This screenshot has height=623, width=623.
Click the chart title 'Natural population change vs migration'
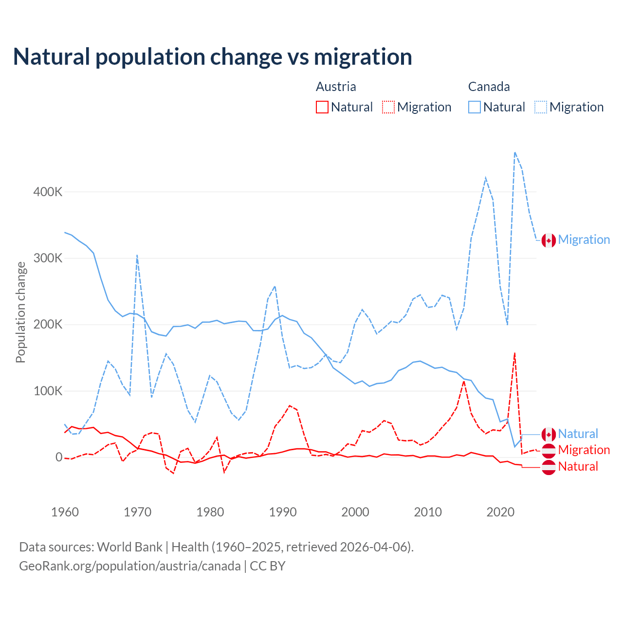click(x=212, y=57)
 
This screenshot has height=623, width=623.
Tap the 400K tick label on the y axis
click(x=48, y=192)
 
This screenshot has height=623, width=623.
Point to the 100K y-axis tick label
click(x=48, y=391)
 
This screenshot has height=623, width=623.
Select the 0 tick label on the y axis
click(x=59, y=457)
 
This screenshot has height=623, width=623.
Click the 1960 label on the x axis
click(x=65, y=512)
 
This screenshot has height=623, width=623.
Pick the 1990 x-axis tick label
click(x=283, y=512)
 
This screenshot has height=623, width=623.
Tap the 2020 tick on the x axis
click(x=500, y=512)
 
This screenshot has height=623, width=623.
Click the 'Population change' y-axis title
click(x=20, y=312)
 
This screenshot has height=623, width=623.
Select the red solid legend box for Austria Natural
click(x=322, y=107)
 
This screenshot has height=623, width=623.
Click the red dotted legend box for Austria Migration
click(x=388, y=107)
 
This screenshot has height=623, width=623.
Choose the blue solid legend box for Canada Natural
click(x=474, y=107)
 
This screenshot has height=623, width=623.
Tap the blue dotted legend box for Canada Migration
click(x=541, y=107)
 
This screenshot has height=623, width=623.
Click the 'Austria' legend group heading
click(x=336, y=87)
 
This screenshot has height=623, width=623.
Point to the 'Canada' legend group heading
click(x=489, y=87)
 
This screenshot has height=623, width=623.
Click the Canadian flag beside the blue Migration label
click(x=549, y=240)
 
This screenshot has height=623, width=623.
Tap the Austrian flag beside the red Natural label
click(x=549, y=467)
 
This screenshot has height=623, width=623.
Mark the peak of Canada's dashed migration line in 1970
click(x=137, y=255)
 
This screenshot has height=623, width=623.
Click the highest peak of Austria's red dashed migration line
click(x=514, y=353)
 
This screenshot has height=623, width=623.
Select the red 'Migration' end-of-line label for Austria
click(x=584, y=450)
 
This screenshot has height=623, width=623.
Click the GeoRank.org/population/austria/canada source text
click(x=129, y=566)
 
